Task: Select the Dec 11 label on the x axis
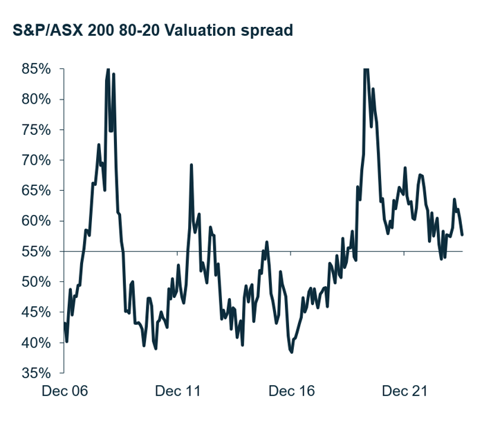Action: click(178, 392)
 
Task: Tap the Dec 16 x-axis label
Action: click(292, 392)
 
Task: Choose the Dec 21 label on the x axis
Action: click(405, 392)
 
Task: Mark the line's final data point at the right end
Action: click(462, 235)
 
